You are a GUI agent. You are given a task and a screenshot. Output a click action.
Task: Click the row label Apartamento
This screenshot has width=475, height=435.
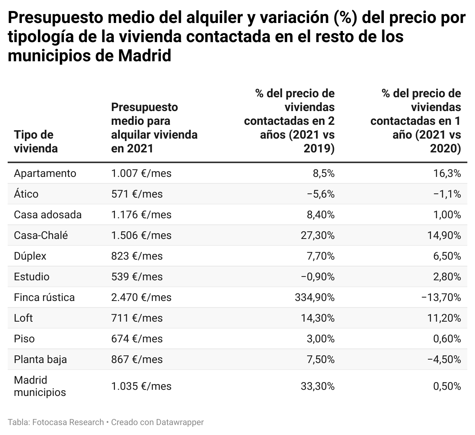(45, 173)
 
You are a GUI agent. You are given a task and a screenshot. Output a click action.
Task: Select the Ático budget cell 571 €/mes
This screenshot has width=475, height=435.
(137, 194)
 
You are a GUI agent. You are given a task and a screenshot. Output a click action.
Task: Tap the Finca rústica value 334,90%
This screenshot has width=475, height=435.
(314, 298)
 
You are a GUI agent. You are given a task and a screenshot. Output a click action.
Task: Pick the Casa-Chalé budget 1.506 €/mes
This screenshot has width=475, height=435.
(141, 235)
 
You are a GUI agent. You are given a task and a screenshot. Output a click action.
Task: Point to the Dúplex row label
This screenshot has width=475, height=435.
(30, 256)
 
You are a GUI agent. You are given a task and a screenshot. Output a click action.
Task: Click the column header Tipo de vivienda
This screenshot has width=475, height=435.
(36, 141)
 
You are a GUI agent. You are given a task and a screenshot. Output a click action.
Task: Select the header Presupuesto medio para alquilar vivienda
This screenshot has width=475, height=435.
(154, 128)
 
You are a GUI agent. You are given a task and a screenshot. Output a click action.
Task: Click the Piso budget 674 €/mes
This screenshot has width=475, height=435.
(137, 339)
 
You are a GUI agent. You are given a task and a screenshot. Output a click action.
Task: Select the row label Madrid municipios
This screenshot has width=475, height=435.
(39, 386)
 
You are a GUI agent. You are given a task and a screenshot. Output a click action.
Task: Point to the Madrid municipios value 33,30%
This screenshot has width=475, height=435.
(318, 386)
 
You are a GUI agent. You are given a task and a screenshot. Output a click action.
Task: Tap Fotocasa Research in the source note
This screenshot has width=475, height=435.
(68, 422)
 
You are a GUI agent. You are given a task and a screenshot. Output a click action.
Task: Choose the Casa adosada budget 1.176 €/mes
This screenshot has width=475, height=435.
(141, 215)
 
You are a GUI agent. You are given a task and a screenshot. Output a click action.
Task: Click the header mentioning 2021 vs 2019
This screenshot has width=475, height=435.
(289, 121)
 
